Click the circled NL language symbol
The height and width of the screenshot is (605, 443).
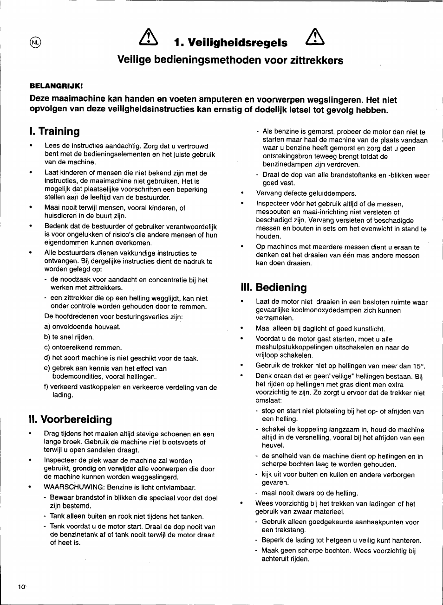click(35, 42)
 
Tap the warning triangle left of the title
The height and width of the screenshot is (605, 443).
click(148, 37)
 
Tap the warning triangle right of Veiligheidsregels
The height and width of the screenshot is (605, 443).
click(315, 37)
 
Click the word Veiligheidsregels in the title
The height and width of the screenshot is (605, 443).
click(237, 43)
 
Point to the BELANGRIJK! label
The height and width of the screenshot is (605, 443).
click(56, 86)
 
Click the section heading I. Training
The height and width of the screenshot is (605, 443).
click(54, 131)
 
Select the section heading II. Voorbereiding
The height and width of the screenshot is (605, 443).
click(71, 419)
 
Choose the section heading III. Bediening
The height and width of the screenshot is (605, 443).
click(274, 287)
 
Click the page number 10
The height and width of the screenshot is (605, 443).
click(22, 586)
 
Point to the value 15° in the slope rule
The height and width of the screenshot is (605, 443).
click(419, 366)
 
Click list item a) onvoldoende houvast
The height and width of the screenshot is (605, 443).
click(83, 327)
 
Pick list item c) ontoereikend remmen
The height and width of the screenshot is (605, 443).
click(83, 348)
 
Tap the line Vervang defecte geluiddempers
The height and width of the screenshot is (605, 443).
click(306, 193)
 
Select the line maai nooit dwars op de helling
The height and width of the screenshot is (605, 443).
click(310, 493)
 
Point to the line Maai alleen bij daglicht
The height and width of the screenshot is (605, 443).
click(320, 329)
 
